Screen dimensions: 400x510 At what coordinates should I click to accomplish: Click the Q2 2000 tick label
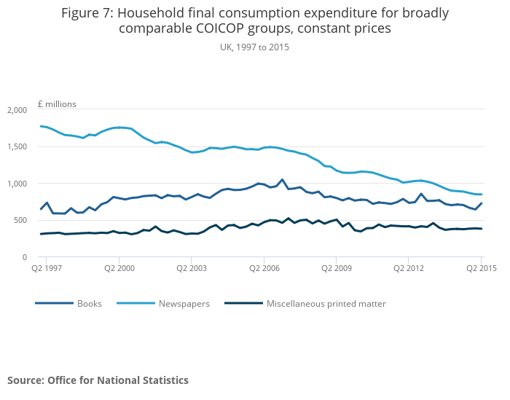pyautogui.click(x=119, y=269)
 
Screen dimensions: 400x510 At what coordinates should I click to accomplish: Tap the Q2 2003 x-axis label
pyautogui.click(x=191, y=269)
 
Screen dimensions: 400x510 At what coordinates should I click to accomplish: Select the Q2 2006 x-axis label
pyautogui.click(x=264, y=269)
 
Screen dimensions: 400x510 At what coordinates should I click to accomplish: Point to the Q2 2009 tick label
pyautogui.click(x=336, y=269)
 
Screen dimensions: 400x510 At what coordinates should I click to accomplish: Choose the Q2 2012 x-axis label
pyautogui.click(x=409, y=269)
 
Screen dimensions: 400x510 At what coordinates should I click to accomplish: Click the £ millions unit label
pyautogui.click(x=57, y=104)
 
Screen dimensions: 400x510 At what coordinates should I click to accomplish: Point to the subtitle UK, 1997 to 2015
pyautogui.click(x=254, y=47)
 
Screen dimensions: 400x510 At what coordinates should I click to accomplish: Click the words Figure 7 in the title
pyautogui.click(x=87, y=13)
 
